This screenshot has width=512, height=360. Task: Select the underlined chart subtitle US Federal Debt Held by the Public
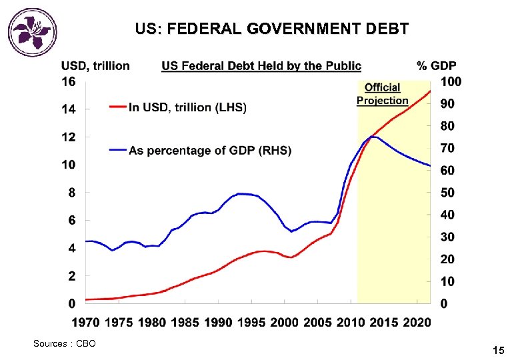pos(261,65)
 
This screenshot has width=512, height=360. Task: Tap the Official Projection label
pos(383,94)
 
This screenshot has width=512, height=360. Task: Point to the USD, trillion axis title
pos(95,65)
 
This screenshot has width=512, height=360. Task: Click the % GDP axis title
pos(437,65)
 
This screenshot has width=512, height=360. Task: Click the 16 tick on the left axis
pos(69,81)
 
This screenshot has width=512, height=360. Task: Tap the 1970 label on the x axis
pos(86,323)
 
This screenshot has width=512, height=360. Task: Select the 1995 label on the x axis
pos(251,323)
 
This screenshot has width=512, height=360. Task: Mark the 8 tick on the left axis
pos(71,193)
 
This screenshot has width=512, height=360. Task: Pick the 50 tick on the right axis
pos(449,193)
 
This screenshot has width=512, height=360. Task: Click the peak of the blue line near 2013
pos(373,137)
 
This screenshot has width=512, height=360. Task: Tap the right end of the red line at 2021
pos(430,91)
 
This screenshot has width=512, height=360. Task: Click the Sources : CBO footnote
pos(65,343)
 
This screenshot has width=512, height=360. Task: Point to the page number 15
pos(498,350)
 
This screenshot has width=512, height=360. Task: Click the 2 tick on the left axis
pos(71,276)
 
